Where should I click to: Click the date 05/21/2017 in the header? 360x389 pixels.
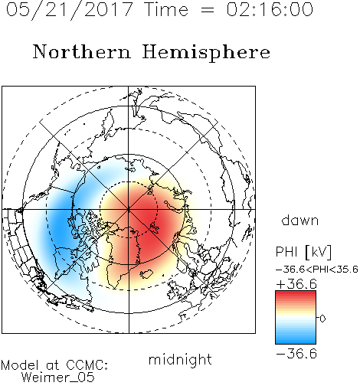(69, 9)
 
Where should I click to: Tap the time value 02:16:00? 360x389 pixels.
(270, 9)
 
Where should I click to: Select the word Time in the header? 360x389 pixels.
(166, 9)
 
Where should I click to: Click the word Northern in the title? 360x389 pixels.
(82, 51)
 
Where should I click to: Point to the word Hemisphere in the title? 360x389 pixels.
(206, 53)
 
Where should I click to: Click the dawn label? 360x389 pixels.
(300, 221)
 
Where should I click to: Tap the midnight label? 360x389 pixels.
(180, 359)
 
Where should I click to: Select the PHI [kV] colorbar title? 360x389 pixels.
(303, 252)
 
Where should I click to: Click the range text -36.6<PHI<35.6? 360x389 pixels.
(317, 270)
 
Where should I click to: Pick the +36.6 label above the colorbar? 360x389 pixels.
(296, 284)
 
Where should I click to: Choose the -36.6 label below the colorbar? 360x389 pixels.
(296, 354)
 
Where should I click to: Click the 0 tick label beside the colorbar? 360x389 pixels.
(322, 319)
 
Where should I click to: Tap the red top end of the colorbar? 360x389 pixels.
(296, 293)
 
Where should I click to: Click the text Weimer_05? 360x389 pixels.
(58, 378)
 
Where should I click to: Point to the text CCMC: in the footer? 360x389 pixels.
(87, 365)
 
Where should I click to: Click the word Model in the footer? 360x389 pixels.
(21, 365)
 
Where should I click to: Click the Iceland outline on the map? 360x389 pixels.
(146, 274)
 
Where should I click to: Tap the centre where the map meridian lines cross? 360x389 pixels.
(129, 210)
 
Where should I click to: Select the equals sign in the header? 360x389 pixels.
(208, 11)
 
